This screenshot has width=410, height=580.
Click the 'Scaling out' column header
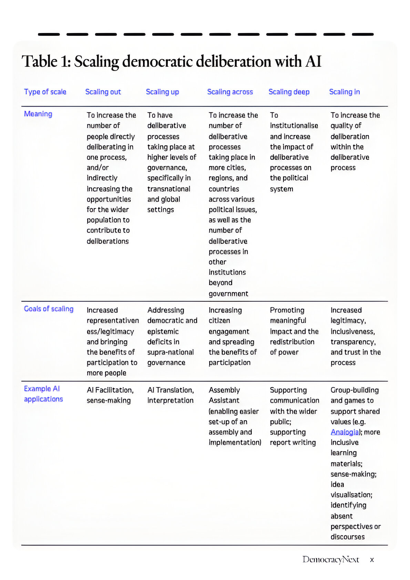(x=103, y=92)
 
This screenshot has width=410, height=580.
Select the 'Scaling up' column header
(x=162, y=92)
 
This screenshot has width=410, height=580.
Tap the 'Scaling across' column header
(x=230, y=92)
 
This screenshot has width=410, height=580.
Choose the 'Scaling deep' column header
(x=289, y=92)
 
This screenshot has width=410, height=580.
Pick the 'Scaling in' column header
(x=344, y=92)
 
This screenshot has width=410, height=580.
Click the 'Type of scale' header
(x=45, y=92)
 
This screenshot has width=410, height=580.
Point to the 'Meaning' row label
(x=38, y=114)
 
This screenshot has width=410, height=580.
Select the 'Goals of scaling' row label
(x=49, y=309)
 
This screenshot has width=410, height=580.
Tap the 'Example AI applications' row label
(x=43, y=394)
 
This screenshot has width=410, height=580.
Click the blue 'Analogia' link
(x=345, y=432)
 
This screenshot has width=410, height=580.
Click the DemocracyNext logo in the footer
(x=330, y=559)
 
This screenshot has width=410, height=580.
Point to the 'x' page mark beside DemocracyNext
(x=372, y=560)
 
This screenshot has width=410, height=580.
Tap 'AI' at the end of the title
(x=313, y=62)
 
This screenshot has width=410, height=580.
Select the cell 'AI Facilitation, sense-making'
(x=110, y=395)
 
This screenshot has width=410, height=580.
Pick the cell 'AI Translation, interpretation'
(x=171, y=395)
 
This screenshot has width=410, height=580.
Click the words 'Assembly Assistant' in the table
(x=224, y=395)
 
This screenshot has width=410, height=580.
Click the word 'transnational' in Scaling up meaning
(x=169, y=189)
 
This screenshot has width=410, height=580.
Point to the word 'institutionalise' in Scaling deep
(x=294, y=126)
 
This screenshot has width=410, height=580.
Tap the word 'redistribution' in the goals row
(x=292, y=342)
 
